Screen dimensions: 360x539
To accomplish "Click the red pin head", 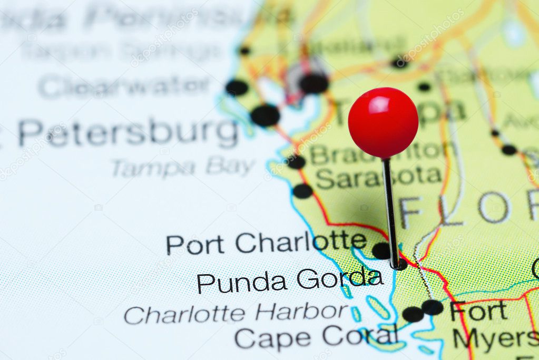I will (x=383, y=122).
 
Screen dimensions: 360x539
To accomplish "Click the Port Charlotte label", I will (x=266, y=242).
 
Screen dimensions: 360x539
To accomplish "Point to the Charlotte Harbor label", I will (x=236, y=314).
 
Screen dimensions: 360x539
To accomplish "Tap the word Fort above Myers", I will (x=478, y=312).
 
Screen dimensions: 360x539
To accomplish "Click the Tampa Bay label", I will (x=183, y=167).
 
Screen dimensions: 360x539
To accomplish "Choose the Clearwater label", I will (x=124, y=85).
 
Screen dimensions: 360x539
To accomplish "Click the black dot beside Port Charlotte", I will (x=381, y=250).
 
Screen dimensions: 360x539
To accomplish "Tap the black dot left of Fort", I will (x=433, y=307).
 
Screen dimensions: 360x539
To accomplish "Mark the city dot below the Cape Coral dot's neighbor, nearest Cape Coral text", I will (x=413, y=315).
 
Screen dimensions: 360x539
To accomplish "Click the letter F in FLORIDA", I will (x=410, y=212).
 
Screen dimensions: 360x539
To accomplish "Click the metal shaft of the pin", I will (x=390, y=211).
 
